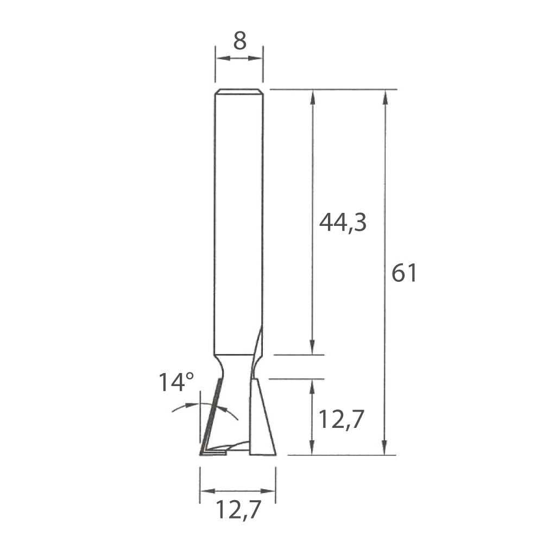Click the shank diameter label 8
(x=239, y=41)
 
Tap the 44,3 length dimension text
(x=343, y=222)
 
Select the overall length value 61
(x=404, y=273)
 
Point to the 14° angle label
(x=176, y=382)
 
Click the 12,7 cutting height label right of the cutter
(x=341, y=419)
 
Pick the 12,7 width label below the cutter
(x=238, y=509)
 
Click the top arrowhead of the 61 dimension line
(x=384, y=97)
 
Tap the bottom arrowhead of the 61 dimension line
(x=384, y=447)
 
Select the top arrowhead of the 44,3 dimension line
(x=312, y=97)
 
